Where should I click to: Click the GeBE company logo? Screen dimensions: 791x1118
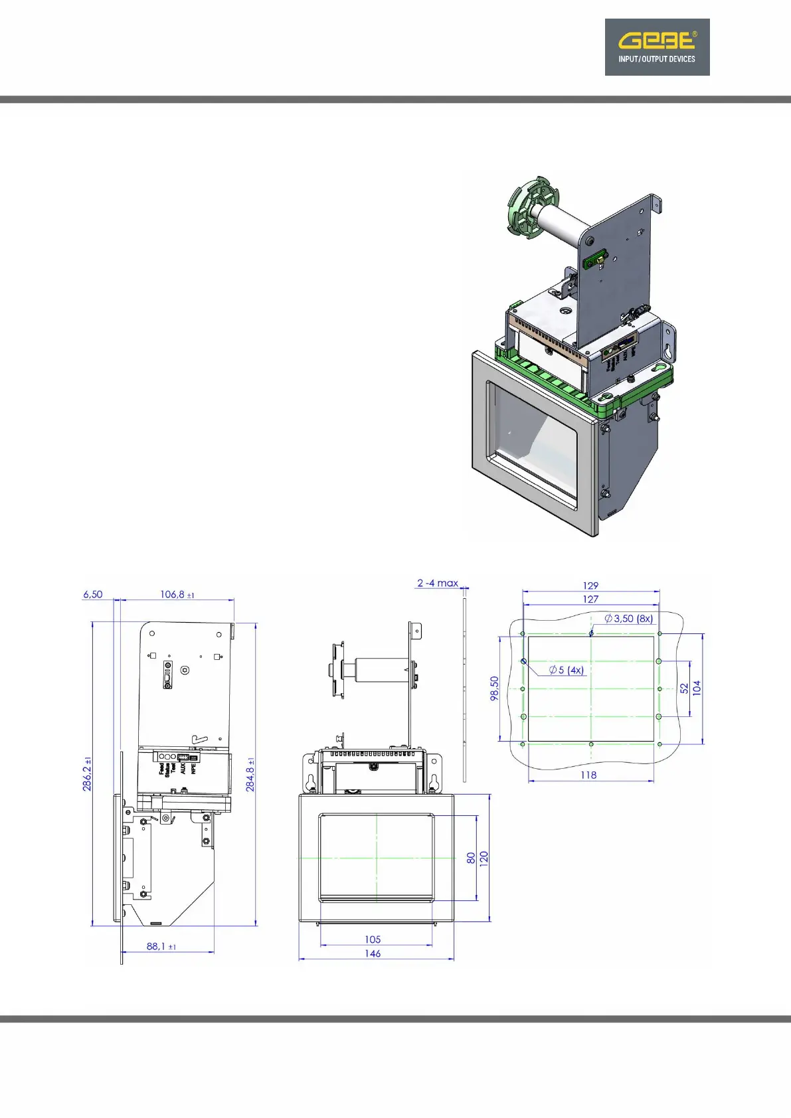click(657, 46)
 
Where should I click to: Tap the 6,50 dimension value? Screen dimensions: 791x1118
click(93, 594)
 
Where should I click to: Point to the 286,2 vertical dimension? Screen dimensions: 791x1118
click(88, 774)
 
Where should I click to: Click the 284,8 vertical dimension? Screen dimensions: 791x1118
click(251, 774)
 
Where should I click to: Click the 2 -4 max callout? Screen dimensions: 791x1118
click(438, 583)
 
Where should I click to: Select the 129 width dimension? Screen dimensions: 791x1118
click(590, 586)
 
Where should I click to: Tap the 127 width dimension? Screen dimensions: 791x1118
click(590, 599)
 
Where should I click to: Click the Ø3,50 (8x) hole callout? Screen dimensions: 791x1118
click(629, 619)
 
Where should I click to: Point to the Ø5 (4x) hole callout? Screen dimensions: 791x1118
click(567, 670)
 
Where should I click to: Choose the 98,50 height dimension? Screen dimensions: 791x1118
click(494, 688)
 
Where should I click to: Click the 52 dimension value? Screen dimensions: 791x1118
click(685, 688)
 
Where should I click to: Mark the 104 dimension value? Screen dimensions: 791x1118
click(697, 688)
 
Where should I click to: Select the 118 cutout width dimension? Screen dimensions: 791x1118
click(588, 775)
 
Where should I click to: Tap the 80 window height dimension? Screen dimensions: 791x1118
click(472, 858)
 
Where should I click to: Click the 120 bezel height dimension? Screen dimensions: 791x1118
click(483, 858)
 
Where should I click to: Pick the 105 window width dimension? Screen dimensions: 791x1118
click(373, 939)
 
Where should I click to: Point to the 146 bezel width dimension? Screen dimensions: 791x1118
click(373, 953)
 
